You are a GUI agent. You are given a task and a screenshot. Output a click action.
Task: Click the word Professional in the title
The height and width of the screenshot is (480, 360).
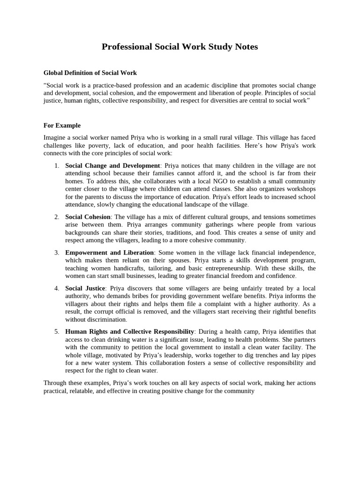click(x=125, y=47)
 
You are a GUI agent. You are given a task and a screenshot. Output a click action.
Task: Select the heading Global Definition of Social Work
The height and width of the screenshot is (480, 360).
click(x=90, y=73)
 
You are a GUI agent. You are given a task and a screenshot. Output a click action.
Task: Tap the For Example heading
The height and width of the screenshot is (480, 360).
click(x=62, y=125)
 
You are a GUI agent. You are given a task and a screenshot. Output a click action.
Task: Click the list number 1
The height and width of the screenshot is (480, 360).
click(x=56, y=165)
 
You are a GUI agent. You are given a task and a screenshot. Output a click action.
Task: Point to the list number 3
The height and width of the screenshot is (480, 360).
click(x=56, y=253)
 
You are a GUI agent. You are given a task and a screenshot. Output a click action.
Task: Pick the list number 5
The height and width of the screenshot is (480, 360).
click(x=56, y=331)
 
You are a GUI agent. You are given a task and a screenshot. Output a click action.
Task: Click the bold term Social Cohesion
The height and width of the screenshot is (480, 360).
click(x=88, y=217)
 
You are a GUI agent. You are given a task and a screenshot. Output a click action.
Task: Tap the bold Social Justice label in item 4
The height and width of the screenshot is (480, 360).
click(x=85, y=288)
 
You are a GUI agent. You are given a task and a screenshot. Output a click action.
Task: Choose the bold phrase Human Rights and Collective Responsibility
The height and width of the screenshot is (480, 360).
click(x=129, y=331)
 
